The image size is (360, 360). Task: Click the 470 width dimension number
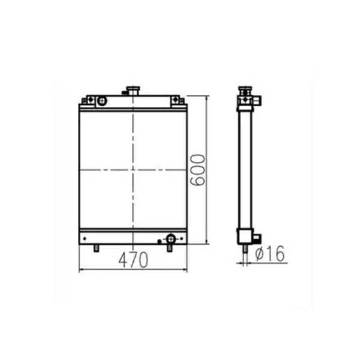133,260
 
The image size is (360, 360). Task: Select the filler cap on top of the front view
131,91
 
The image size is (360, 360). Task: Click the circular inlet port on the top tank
101,101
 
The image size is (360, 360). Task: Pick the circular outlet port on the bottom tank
170,238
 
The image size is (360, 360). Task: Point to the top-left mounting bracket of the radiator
88,101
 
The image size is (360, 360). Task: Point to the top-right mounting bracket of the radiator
177,101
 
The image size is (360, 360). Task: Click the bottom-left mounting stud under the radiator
96,248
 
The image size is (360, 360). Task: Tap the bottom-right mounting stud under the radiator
170,247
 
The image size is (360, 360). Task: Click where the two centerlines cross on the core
133,170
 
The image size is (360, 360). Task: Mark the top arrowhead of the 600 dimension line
207,98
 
